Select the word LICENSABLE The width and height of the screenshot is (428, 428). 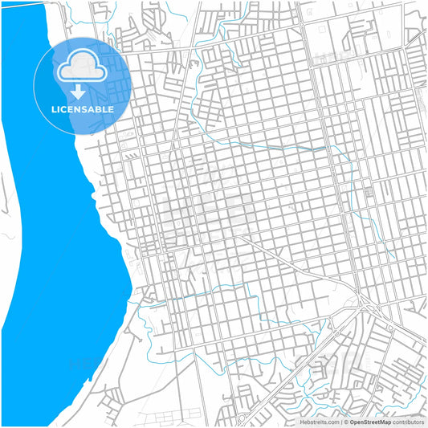pos(83,109)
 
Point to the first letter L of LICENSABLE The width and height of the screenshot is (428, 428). pos(54,109)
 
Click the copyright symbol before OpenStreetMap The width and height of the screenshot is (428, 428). pos(347,421)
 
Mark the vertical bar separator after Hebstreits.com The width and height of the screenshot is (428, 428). pos(341,421)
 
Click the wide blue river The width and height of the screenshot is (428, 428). pos(48,241)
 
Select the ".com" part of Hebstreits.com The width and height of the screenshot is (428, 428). pos(332,421)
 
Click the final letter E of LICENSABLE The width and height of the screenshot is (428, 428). pos(111,109)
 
